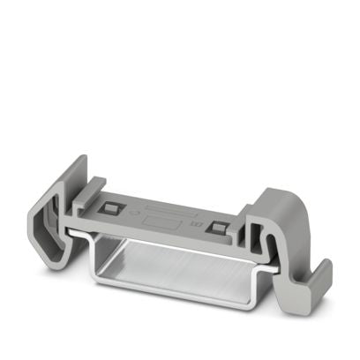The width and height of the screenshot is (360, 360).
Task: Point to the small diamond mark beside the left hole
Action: point(132,214)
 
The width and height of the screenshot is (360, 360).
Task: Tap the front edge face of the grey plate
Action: point(159,236)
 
